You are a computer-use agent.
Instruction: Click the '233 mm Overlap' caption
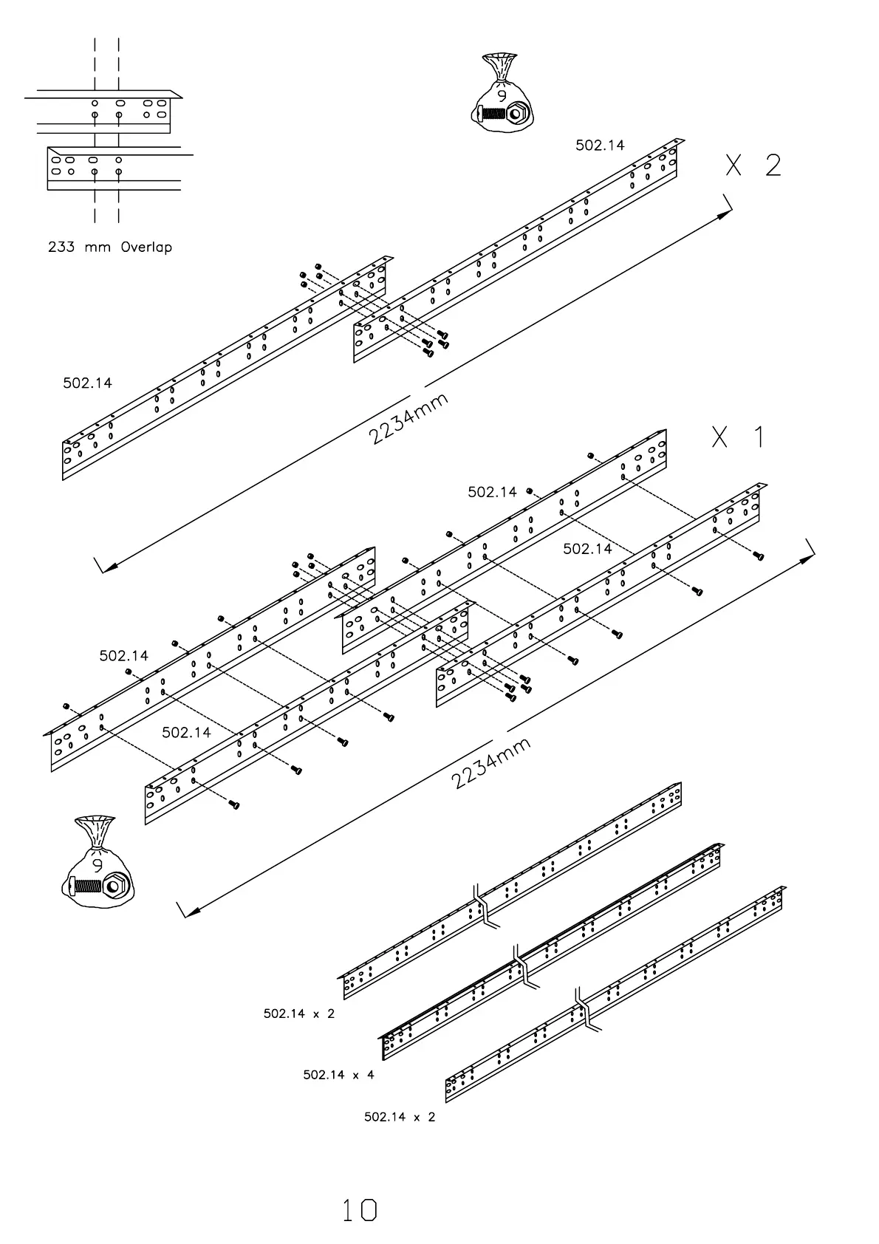point(110,247)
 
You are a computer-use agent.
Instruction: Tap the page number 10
point(360,1210)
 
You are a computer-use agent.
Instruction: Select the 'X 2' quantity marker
point(753,165)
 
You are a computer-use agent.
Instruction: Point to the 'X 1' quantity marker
point(738,437)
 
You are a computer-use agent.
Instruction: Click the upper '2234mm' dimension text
point(408,419)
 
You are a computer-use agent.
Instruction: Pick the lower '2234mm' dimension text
point(490,763)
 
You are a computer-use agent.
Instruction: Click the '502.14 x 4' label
point(338,1075)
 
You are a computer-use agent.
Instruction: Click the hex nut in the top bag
point(517,115)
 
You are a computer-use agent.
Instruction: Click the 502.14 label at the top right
point(600,146)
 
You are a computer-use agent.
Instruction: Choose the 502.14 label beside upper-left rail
point(87,383)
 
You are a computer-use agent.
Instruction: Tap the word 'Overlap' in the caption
point(146,247)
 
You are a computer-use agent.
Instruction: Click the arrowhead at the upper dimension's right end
point(727,213)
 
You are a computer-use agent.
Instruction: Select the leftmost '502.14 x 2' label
point(299,1014)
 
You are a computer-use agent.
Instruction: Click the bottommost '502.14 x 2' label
point(400,1117)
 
